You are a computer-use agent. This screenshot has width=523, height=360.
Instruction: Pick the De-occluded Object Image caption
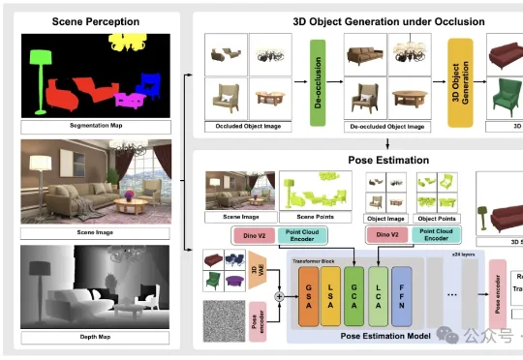point(385,127)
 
